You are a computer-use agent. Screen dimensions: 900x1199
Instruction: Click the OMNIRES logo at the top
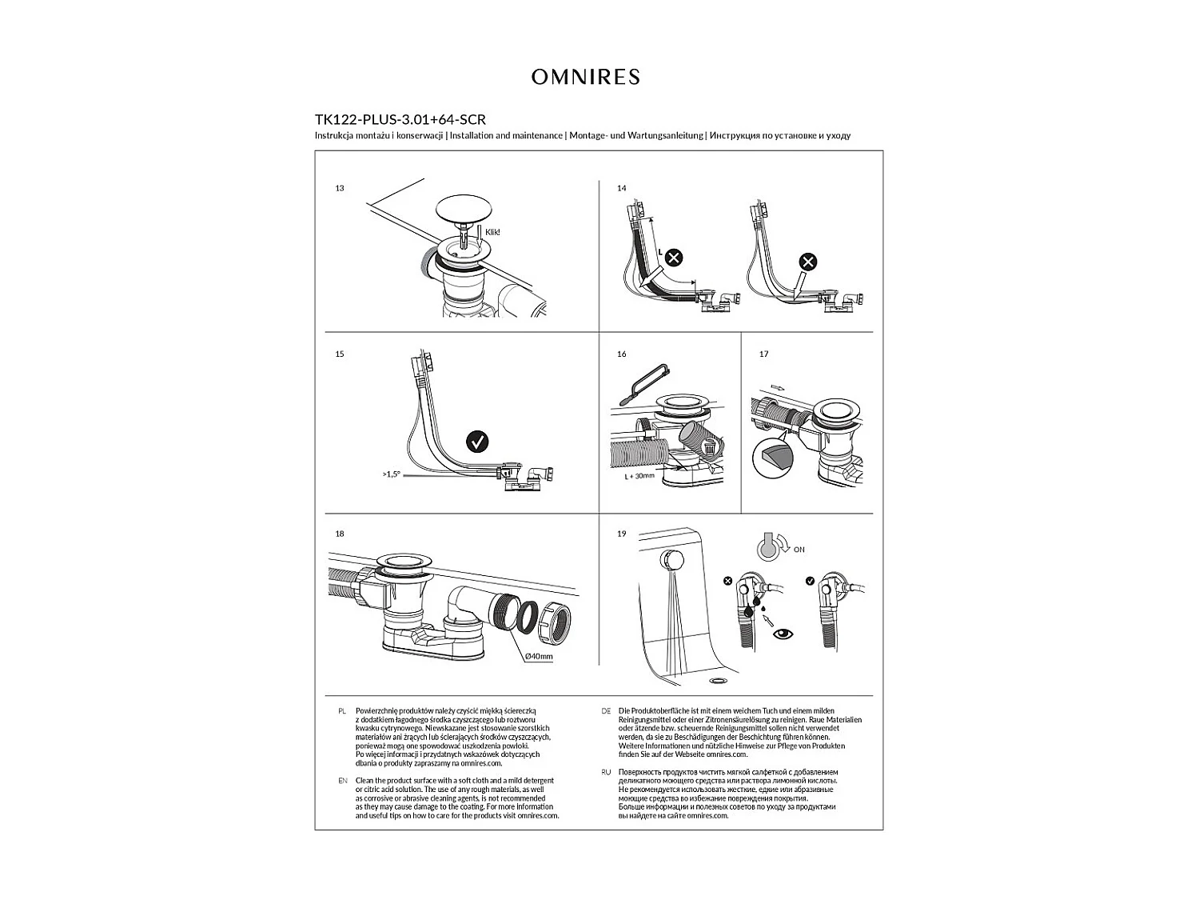tap(586, 77)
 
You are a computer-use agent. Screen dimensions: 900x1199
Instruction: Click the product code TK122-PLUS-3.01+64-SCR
tap(400, 120)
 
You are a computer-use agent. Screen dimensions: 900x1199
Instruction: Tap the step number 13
tap(340, 188)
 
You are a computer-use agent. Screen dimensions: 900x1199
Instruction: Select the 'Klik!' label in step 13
tap(492, 232)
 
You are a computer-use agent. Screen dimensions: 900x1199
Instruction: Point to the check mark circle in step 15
tap(477, 441)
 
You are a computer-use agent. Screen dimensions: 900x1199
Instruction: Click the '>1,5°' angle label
tap(392, 474)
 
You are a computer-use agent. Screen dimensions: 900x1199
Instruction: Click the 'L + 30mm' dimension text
tap(639, 476)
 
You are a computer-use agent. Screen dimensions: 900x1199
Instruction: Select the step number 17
tap(764, 354)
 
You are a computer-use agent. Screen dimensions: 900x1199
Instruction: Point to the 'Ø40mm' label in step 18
tap(539, 656)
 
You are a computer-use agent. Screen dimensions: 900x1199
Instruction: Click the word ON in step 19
tap(799, 550)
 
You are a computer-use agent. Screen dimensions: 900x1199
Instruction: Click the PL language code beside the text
tap(341, 710)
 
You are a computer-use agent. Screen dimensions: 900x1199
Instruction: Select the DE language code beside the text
tap(606, 710)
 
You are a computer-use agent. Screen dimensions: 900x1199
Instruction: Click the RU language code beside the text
tap(606, 772)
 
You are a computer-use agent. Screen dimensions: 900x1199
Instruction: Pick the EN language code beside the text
tap(342, 781)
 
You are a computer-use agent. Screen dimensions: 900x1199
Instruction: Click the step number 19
tap(622, 534)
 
